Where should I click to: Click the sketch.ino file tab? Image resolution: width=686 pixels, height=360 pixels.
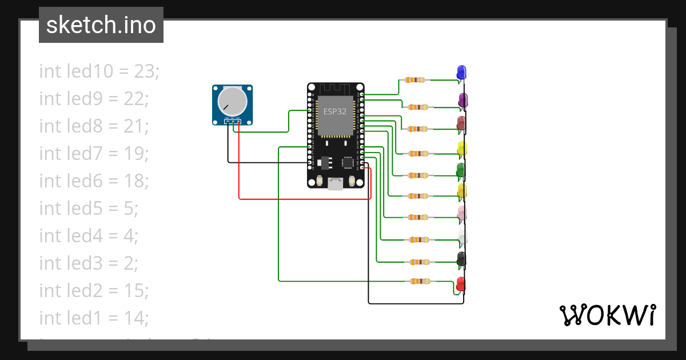[101, 25]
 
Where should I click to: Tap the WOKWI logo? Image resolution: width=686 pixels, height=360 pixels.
[607, 315]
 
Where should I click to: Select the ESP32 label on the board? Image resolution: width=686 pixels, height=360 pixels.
[335, 111]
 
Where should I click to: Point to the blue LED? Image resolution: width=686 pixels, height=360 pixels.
[461, 73]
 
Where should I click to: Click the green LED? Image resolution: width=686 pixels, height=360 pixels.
[461, 170]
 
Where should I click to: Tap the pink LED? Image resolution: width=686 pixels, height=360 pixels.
[462, 213]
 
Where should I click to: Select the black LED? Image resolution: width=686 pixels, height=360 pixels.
[461, 259]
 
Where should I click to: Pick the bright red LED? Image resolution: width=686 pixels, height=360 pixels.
[460, 284]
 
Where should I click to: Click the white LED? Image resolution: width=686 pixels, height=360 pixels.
[462, 236]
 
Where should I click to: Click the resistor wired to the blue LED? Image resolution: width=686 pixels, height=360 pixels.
[415, 80]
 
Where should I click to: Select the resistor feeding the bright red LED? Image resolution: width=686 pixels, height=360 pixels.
[420, 281]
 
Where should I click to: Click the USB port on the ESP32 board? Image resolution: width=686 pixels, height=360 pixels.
[335, 183]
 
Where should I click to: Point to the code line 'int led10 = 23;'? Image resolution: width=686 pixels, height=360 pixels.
[99, 71]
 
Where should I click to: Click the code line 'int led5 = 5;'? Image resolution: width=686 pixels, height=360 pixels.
[89, 209]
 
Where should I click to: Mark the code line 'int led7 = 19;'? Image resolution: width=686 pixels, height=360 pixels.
[94, 154]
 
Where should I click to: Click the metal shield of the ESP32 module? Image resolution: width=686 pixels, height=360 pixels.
[335, 117]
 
